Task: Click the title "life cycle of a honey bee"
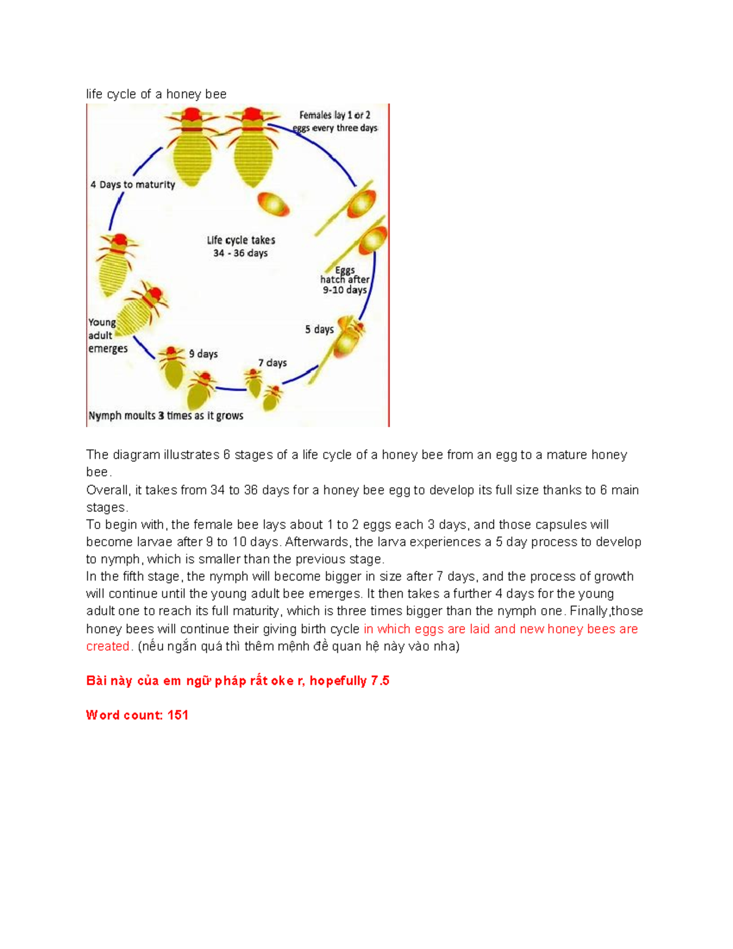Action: (x=156, y=94)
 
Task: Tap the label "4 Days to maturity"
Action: (x=133, y=185)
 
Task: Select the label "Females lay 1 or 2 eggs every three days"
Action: (x=335, y=122)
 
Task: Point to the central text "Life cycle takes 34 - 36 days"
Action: (x=241, y=247)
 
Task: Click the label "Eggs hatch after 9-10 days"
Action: (x=345, y=280)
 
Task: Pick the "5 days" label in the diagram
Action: (x=319, y=329)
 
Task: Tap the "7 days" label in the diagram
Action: (x=272, y=363)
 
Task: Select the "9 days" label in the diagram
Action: (x=203, y=354)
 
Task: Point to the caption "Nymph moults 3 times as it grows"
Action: (x=166, y=416)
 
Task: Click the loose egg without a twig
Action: (x=273, y=203)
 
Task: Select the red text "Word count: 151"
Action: (x=137, y=715)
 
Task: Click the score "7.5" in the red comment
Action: (x=380, y=681)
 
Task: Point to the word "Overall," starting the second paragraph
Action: (x=108, y=490)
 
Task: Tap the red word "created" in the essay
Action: (x=108, y=647)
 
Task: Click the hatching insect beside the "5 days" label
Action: (x=348, y=338)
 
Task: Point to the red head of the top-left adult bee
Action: (x=191, y=115)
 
